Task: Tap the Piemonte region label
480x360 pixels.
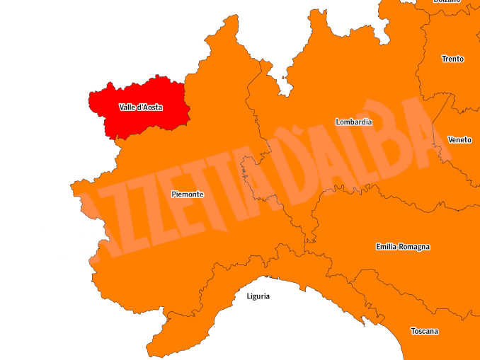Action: pos(187,194)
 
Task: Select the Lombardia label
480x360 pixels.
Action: pos(354,122)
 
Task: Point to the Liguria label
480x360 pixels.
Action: pos(258,296)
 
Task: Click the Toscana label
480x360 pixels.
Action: pos(424,331)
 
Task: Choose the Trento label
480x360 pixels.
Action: pos(452,59)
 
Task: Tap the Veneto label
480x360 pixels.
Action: pos(459,140)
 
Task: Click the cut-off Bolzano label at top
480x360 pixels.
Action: pos(447,2)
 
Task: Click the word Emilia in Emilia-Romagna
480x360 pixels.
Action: pos(389,247)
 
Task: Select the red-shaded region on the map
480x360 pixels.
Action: pos(142,120)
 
